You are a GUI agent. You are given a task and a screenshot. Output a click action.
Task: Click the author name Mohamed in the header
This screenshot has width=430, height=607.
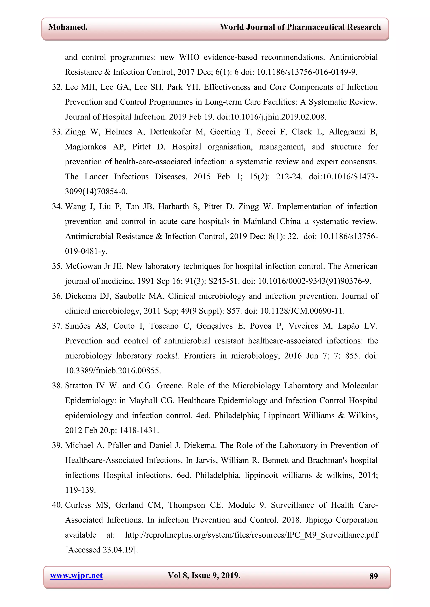(x=68, y=27)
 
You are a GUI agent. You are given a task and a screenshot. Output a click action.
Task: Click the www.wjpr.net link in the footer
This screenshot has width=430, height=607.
(x=76, y=576)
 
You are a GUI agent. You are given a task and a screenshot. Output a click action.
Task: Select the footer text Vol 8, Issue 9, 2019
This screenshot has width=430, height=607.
(x=204, y=576)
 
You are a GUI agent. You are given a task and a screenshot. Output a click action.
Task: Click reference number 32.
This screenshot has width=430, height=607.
(x=57, y=87)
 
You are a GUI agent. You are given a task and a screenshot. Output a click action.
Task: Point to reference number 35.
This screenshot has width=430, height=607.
(x=57, y=266)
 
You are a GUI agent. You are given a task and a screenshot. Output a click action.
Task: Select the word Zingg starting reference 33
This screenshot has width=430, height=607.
(x=75, y=132)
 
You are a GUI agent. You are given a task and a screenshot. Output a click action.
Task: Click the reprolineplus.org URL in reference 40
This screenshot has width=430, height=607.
(x=252, y=535)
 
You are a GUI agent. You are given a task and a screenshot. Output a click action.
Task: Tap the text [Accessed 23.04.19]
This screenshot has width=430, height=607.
(x=101, y=550)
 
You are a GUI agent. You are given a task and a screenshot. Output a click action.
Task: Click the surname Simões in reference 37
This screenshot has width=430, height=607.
(x=78, y=326)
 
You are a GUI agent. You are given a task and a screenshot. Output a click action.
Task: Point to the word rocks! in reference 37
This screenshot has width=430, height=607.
(x=167, y=356)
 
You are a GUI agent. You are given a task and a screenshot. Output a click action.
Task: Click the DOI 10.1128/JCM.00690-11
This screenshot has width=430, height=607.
(x=302, y=311)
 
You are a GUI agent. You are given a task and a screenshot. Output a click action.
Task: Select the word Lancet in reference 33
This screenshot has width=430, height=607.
(x=96, y=177)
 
